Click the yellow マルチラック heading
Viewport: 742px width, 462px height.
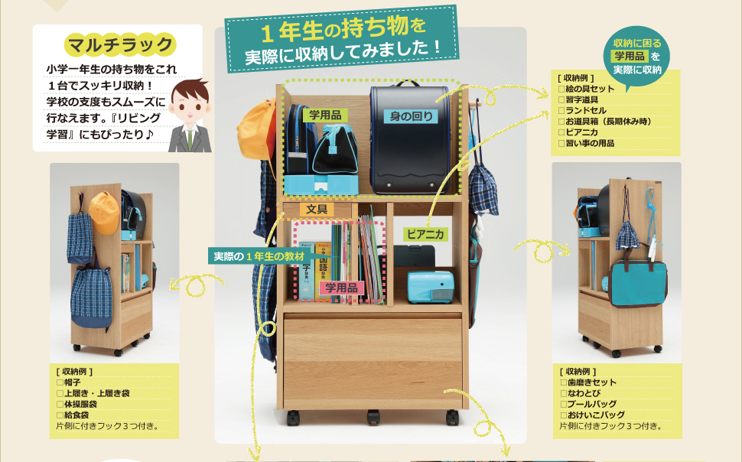click(x=120, y=45)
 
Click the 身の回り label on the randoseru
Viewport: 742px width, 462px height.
click(x=412, y=116)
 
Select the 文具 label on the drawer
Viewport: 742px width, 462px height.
click(x=317, y=209)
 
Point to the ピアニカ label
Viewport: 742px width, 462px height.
click(x=425, y=234)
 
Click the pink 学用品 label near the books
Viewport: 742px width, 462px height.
click(x=341, y=288)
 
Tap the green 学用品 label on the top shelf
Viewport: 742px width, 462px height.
click(x=325, y=115)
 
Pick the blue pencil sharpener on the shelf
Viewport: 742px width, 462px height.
click(x=431, y=287)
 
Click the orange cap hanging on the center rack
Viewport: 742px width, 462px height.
click(x=256, y=129)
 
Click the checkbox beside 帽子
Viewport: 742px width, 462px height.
click(x=60, y=382)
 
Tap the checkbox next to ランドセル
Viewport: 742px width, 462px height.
click(x=561, y=111)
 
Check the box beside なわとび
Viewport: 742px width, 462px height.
click(x=564, y=393)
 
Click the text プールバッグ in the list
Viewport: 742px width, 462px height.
click(x=592, y=404)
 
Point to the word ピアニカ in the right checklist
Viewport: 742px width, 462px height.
click(x=582, y=132)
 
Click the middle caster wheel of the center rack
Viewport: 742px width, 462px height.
click(x=373, y=417)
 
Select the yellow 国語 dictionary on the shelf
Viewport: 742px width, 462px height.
click(x=323, y=271)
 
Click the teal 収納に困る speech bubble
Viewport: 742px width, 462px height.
click(x=637, y=57)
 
